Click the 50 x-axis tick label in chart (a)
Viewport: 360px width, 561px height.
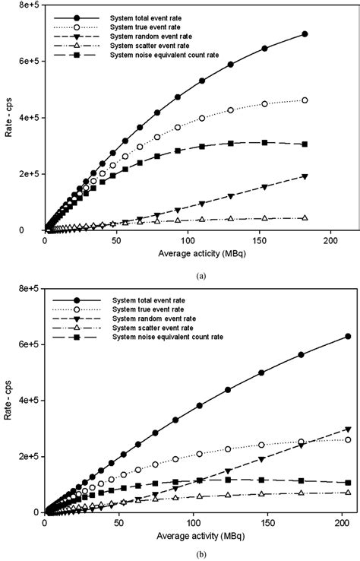(115, 240)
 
